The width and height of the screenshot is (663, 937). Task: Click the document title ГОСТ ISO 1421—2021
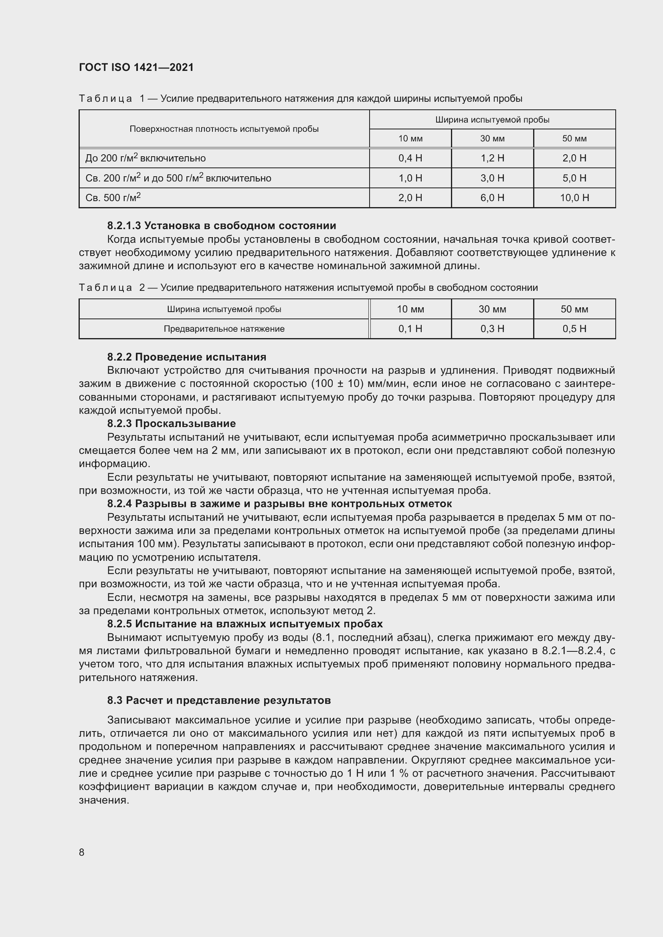click(x=136, y=67)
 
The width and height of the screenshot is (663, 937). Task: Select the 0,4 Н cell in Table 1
click(x=410, y=158)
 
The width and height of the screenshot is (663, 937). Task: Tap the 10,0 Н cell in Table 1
click(x=574, y=198)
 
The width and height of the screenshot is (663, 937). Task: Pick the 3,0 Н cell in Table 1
click(x=492, y=178)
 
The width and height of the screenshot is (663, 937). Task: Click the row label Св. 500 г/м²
click(x=113, y=197)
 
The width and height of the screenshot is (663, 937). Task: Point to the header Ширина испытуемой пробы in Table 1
click(x=492, y=119)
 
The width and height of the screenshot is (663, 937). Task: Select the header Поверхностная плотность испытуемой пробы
click(x=224, y=129)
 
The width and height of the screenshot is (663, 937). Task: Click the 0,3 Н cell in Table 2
click(x=492, y=328)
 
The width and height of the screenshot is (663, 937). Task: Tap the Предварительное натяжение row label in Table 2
click(x=224, y=328)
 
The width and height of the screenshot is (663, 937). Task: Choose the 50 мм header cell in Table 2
click(x=574, y=309)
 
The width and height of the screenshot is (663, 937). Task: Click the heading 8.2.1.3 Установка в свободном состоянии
click(x=221, y=226)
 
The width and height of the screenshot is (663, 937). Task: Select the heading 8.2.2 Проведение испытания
click(x=186, y=357)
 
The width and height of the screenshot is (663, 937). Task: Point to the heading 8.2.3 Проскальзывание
click(x=172, y=423)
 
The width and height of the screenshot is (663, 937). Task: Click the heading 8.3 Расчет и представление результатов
click(x=219, y=700)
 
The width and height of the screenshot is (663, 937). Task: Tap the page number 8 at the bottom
click(x=82, y=852)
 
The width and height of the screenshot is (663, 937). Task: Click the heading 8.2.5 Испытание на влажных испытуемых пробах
click(x=245, y=624)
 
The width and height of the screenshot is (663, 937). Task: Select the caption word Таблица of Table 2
click(x=105, y=288)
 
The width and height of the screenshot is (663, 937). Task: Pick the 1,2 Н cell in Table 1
click(x=492, y=158)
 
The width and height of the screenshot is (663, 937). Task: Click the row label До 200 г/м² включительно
click(x=146, y=158)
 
